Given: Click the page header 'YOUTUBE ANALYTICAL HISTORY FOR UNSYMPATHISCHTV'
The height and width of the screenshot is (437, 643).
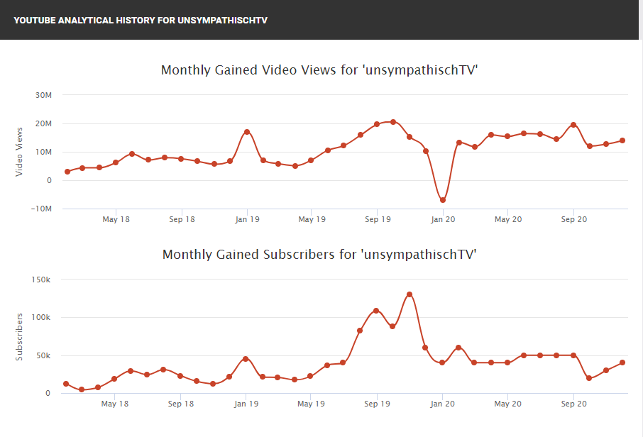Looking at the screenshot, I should pyautogui.click(x=141, y=20).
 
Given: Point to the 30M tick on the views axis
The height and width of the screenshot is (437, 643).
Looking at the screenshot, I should pyautogui.click(x=44, y=95).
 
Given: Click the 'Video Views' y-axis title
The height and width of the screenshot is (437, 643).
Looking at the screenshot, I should pyautogui.click(x=19, y=151).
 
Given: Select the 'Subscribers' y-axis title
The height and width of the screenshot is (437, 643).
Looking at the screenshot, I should pyautogui.click(x=19, y=336).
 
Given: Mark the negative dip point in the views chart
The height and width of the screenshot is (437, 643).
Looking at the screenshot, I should pyautogui.click(x=443, y=200).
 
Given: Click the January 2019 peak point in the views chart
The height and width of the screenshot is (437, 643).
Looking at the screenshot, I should pyautogui.click(x=247, y=132).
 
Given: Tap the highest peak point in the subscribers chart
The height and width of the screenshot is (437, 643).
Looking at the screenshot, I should pyautogui.click(x=410, y=294).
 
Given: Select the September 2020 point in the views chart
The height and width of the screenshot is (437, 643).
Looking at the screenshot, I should pyautogui.click(x=573, y=125).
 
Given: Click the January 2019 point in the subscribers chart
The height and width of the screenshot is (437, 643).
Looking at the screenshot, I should pyautogui.click(x=246, y=358).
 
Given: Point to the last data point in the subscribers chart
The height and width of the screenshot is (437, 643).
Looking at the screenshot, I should pyautogui.click(x=622, y=363).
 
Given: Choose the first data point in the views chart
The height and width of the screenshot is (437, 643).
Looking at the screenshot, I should pyautogui.click(x=67, y=172).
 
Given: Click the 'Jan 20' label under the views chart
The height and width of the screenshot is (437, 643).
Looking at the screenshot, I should pyautogui.click(x=443, y=220).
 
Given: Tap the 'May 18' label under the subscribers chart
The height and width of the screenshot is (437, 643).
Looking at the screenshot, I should pyautogui.click(x=115, y=404).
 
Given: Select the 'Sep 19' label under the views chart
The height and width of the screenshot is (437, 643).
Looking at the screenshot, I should pyautogui.click(x=378, y=220).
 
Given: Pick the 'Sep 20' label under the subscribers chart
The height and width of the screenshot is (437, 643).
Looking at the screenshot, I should pyautogui.click(x=573, y=404).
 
